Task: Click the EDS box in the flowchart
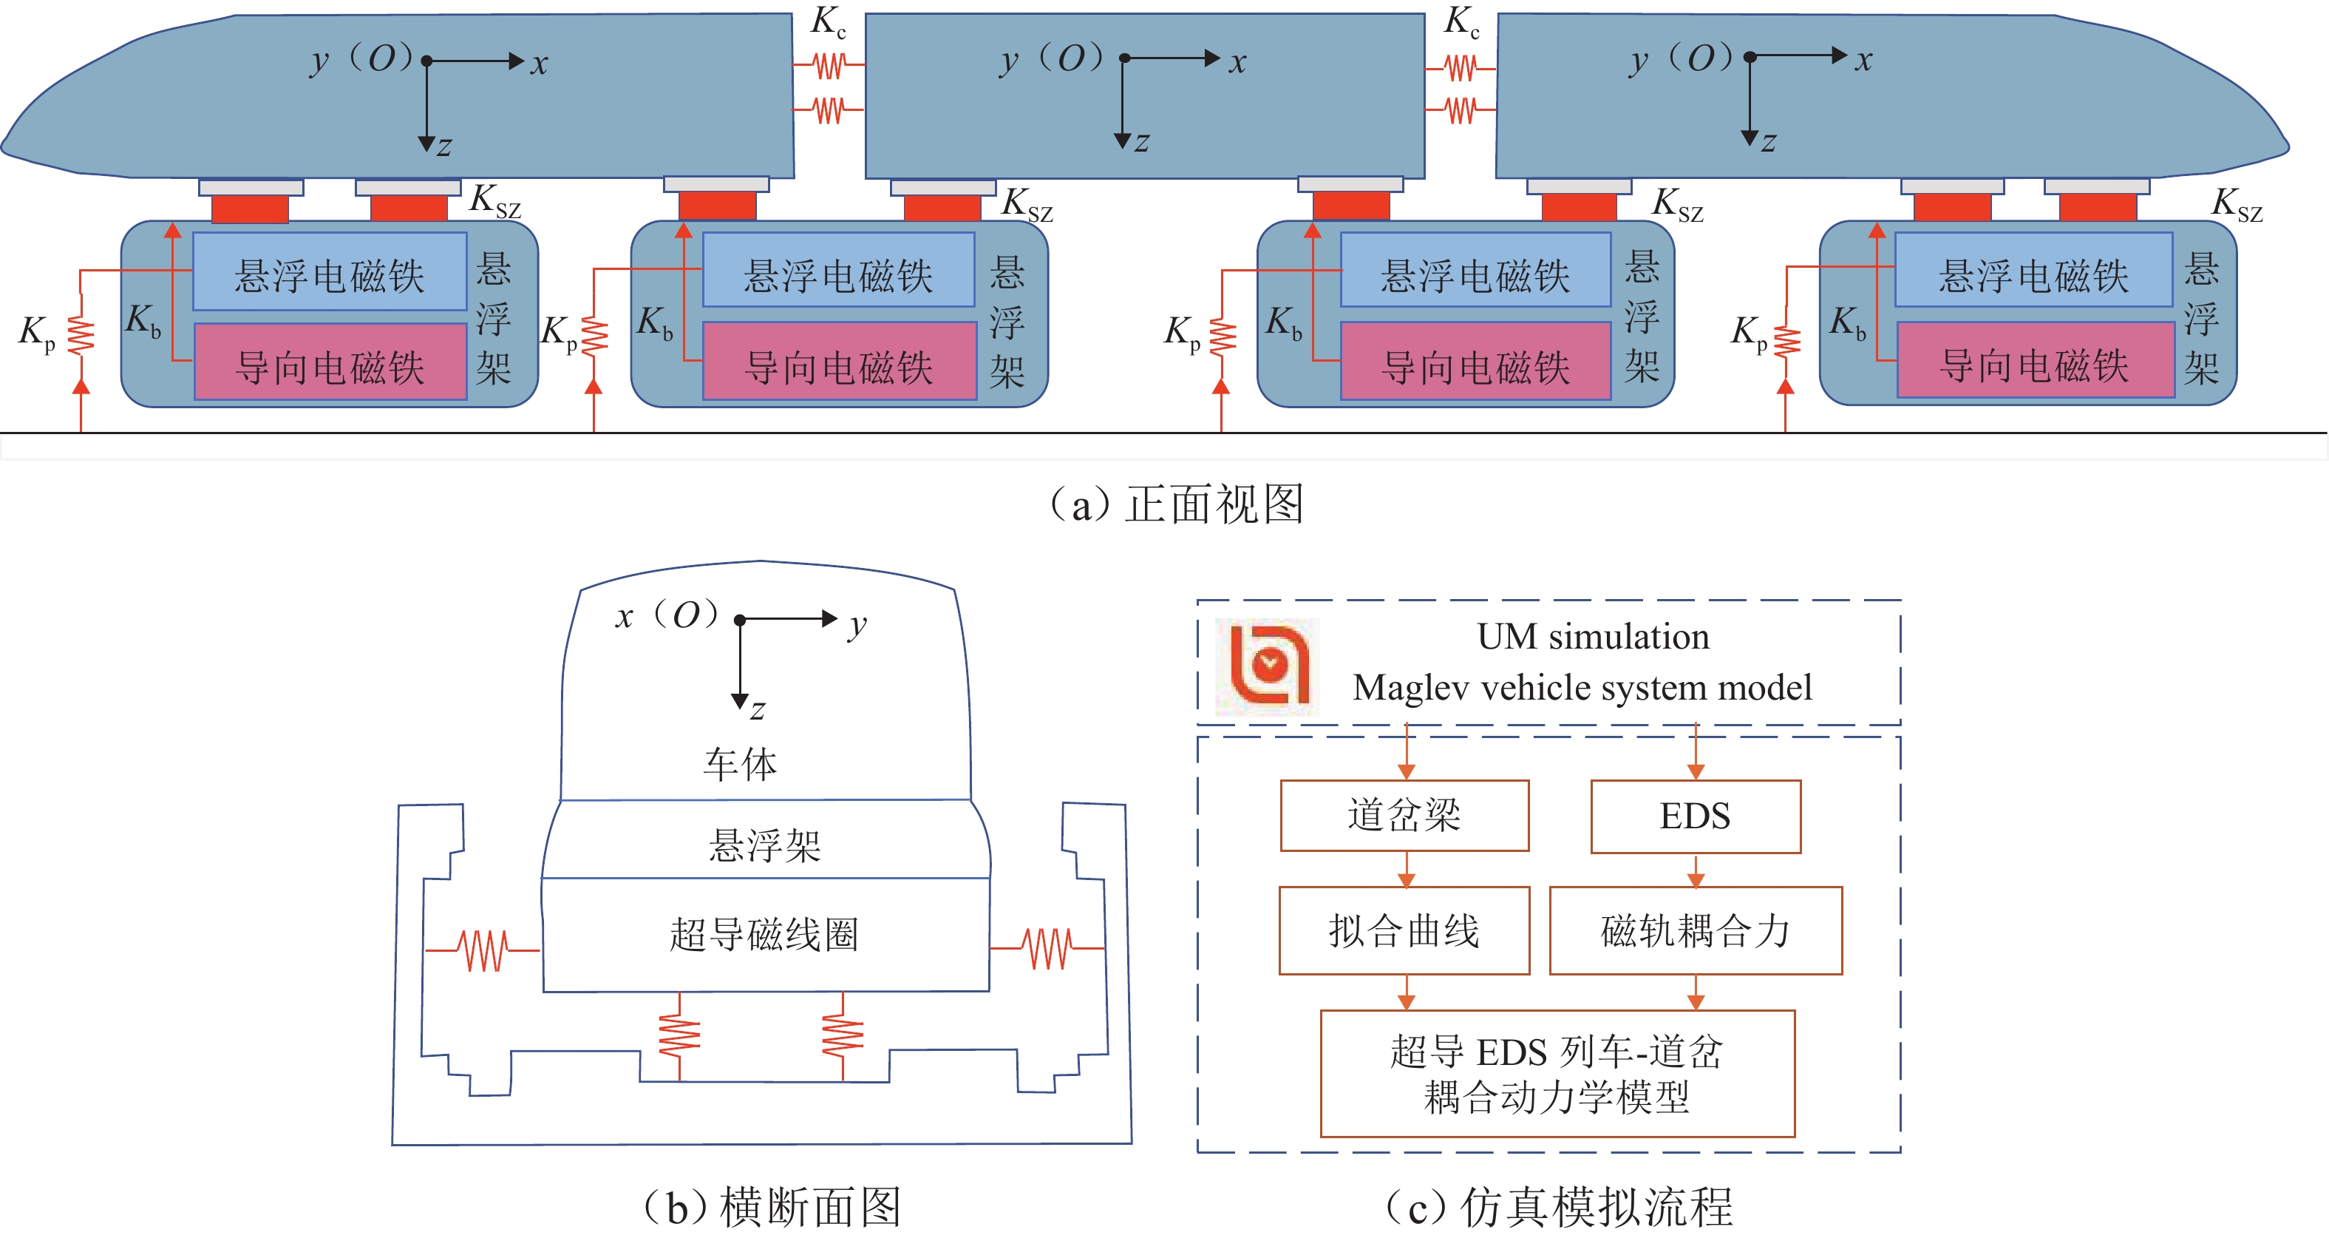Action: [1696, 816]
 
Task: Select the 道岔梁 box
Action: [1404, 816]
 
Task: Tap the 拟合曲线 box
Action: [1404, 930]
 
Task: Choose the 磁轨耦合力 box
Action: [1696, 930]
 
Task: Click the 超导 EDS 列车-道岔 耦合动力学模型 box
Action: [1557, 1073]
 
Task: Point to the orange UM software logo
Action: [1268, 666]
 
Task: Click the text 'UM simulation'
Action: [1593, 637]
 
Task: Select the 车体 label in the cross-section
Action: [741, 764]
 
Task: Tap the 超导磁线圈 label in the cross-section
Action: [764, 934]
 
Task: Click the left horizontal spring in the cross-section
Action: [483, 950]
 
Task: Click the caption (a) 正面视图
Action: [1176, 504]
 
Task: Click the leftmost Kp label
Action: [37, 333]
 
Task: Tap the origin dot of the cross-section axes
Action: [741, 620]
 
